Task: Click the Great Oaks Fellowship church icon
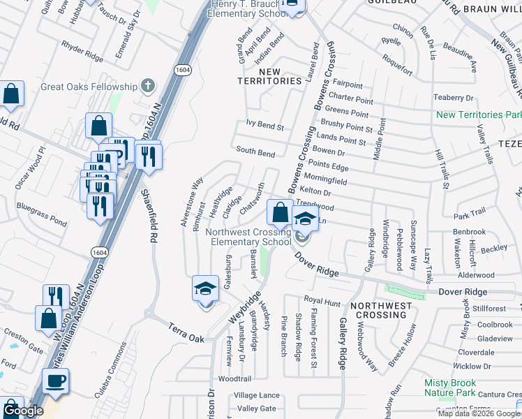[147, 86]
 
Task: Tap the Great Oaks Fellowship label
[89, 86]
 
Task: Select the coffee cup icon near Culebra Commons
[55, 381]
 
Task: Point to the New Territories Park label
[479, 115]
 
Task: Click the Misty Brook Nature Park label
[450, 388]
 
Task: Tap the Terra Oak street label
[185, 332]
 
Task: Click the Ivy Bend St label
[265, 127]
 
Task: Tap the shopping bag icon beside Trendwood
[279, 211]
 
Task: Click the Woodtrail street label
[234, 378]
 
